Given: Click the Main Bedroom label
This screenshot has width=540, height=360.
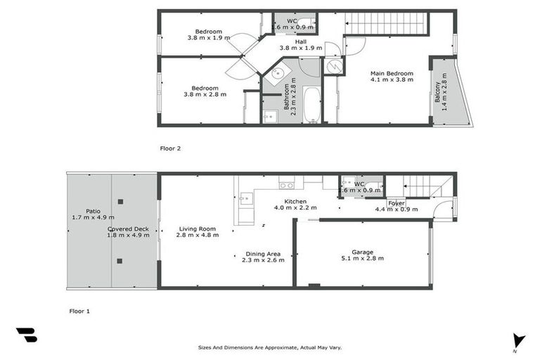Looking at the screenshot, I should [x=392, y=73].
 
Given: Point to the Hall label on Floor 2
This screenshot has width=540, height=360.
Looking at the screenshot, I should [x=301, y=41].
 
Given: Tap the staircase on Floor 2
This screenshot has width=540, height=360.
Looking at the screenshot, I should [x=387, y=25].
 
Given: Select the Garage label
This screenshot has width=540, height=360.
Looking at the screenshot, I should [x=363, y=252].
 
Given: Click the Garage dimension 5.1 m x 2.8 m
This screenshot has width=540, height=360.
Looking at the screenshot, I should [x=363, y=259].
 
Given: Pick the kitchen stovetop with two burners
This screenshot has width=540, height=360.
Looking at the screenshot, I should [x=286, y=185].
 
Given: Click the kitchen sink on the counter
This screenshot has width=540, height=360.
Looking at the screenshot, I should [x=244, y=199].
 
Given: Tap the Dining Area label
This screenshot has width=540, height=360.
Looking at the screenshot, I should [x=263, y=253].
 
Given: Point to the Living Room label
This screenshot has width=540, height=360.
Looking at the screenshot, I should [x=197, y=229].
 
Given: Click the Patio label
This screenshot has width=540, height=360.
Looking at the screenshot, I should [x=92, y=210].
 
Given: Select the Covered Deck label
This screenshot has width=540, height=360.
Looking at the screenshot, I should [x=128, y=229].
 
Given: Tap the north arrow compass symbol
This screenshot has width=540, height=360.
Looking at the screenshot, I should [x=519, y=341].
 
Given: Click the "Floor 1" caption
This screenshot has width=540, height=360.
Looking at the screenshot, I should [x=79, y=310].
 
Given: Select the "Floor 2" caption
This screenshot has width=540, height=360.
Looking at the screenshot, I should [x=171, y=148].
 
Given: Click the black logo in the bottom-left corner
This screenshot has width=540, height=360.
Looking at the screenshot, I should [x=27, y=335].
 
